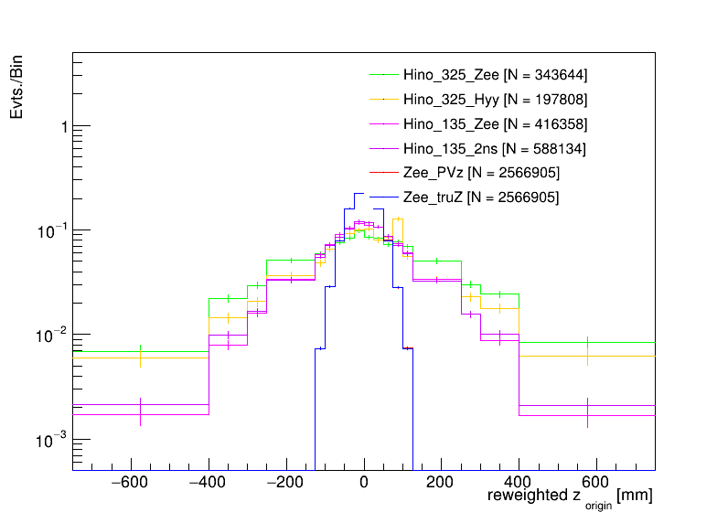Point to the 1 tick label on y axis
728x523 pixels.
(x=63, y=126)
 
